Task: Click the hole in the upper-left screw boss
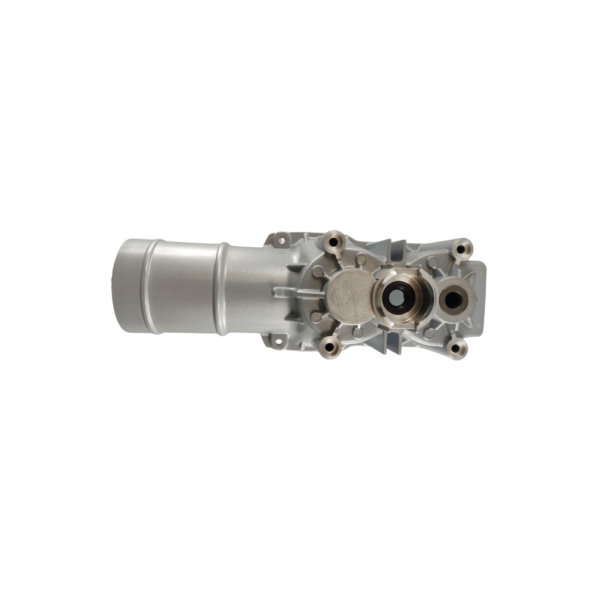333,242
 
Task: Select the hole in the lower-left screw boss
329,347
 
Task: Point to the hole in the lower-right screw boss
457,349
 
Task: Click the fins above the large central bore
393,253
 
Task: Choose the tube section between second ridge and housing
253,287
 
